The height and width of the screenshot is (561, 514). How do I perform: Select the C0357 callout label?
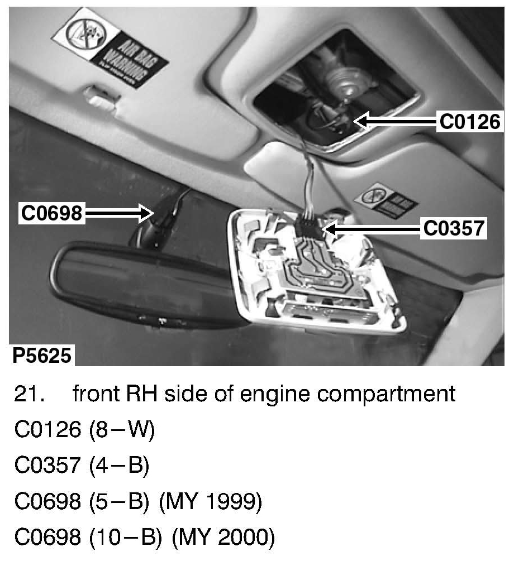coord(453,228)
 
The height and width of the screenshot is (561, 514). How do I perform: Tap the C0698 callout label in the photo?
coord(52,213)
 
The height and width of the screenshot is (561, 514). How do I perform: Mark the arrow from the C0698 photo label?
coord(120,213)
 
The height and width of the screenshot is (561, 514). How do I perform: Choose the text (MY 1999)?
coord(210,502)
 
